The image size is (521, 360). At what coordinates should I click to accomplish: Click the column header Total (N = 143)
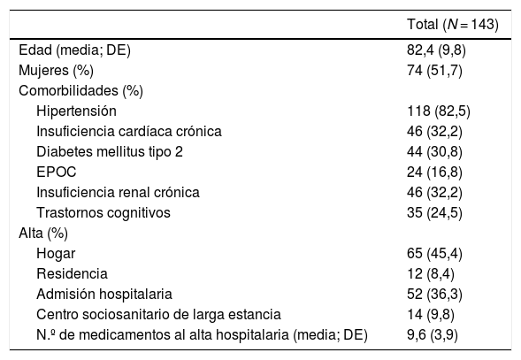pyautogui.click(x=446, y=26)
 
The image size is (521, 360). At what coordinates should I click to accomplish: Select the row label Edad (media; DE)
pyautogui.click(x=70, y=50)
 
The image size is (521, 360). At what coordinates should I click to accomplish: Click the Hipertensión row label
pyautogui.click(x=77, y=111)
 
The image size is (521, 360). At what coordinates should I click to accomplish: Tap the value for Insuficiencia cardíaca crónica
pyautogui.click(x=428, y=131)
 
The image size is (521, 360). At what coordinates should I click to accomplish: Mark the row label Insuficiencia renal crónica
pyautogui.click(x=119, y=191)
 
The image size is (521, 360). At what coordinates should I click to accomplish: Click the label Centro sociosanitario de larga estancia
pyautogui.click(x=159, y=313)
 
